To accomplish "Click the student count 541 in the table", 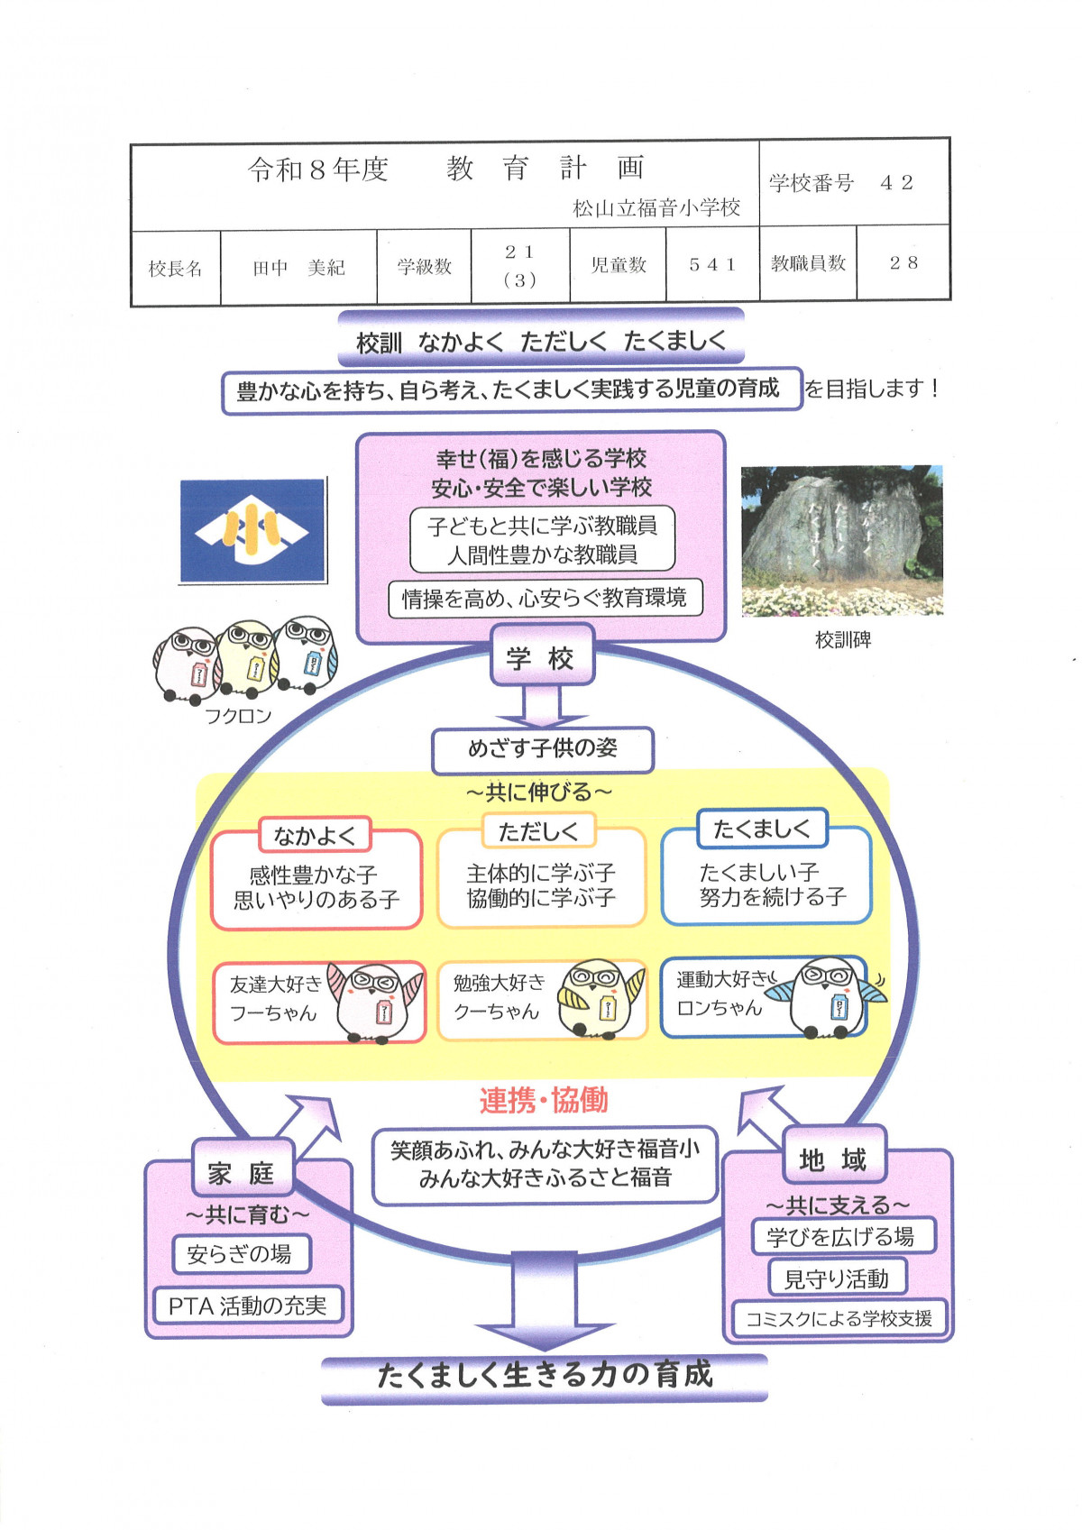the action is (711, 264).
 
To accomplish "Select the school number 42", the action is (897, 182).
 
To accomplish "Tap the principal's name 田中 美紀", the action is (298, 267).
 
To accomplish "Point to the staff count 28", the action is (903, 263).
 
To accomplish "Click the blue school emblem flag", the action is (252, 530).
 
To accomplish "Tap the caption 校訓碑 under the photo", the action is (843, 640).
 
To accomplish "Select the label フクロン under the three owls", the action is (238, 716).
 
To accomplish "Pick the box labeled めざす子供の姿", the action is (543, 749).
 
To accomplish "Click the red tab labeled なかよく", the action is (315, 835).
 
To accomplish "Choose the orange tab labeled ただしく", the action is (538, 831).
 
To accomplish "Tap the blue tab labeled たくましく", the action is (762, 829).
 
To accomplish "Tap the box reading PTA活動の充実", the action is (247, 1306).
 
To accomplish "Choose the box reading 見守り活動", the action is (837, 1278).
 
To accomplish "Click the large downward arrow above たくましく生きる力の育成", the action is (545, 1301).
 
